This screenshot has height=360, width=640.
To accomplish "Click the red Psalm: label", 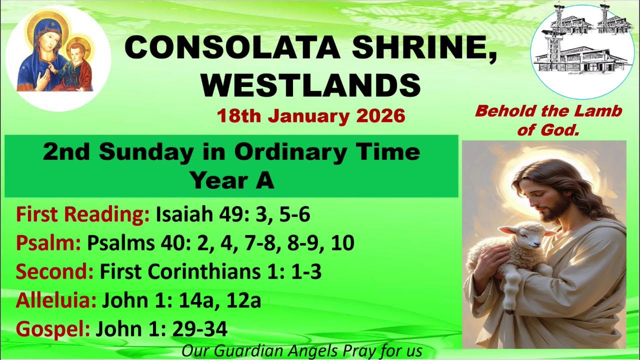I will coord(48,243).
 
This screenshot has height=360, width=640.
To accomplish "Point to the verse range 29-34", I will coord(200,329).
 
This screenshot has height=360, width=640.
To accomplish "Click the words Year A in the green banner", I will coord(232,181).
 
